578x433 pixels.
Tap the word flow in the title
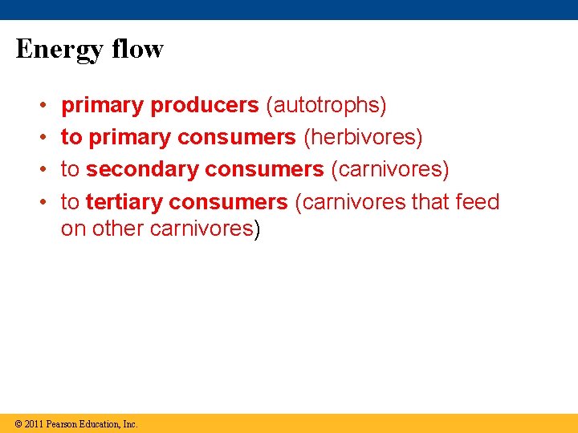point(137,49)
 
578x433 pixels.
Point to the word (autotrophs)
point(326,105)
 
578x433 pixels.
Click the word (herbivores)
point(362,137)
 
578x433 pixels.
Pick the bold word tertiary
point(124,201)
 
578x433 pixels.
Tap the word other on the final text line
point(119,229)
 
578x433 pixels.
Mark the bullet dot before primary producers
point(41,106)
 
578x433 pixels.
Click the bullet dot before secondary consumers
point(41,170)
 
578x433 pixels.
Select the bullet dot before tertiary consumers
point(41,202)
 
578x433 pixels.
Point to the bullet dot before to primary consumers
point(41,138)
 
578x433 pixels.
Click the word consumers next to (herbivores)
point(237,137)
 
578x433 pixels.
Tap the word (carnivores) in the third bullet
point(389,169)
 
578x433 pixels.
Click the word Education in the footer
point(100,423)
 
